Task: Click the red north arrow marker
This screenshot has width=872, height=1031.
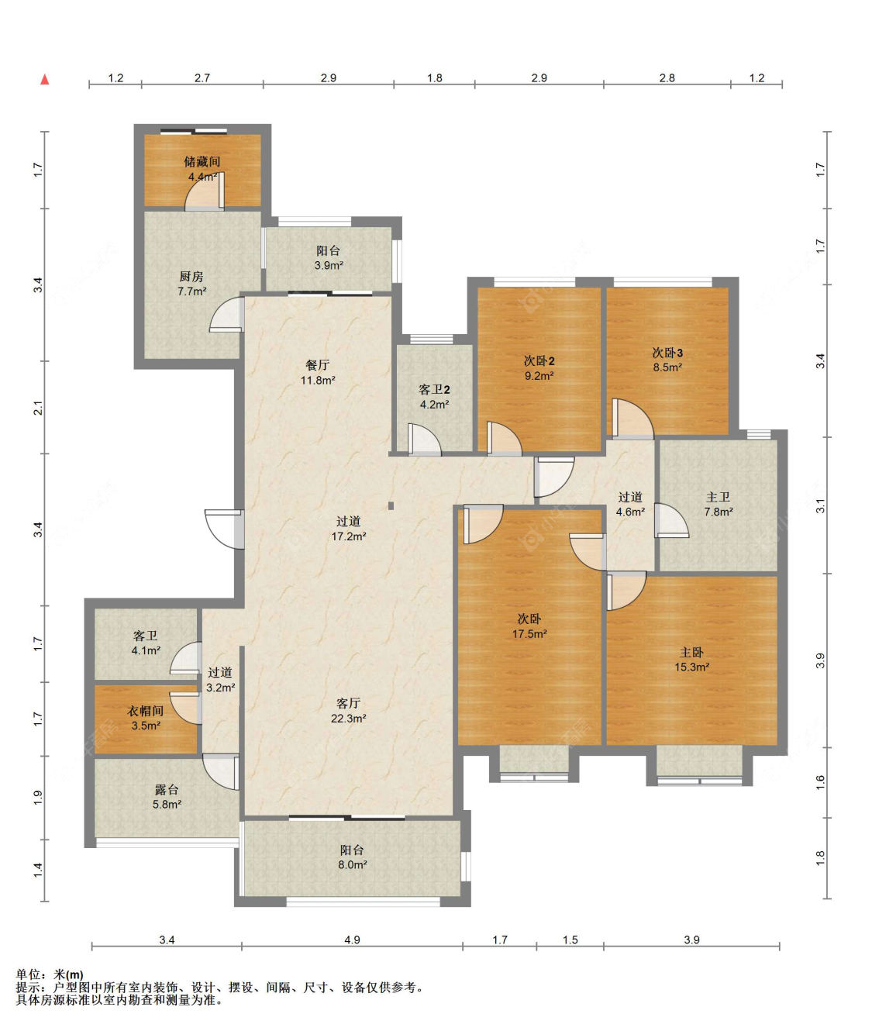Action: tap(45, 79)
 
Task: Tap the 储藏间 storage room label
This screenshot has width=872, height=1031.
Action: tap(202, 161)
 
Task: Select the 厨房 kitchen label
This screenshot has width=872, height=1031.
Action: tap(191, 276)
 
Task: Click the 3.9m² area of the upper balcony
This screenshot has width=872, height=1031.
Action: tap(329, 265)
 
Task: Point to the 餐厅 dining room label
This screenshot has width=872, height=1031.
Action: tap(317, 365)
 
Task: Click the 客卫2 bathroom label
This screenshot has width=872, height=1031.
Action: tap(434, 390)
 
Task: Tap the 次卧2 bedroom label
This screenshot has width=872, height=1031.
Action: tap(539, 360)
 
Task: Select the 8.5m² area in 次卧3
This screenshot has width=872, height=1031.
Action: tap(667, 367)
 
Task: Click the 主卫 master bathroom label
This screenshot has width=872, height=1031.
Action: tap(719, 497)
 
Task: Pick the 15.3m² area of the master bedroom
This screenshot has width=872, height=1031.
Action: tap(692, 667)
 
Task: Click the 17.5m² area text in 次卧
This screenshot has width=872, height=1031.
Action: tap(529, 634)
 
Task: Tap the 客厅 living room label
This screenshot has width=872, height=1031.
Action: tap(348, 703)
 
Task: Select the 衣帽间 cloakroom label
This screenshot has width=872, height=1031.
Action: tap(145, 711)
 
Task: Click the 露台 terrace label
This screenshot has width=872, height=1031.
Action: tap(167, 790)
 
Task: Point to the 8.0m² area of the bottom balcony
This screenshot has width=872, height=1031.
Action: tap(353, 864)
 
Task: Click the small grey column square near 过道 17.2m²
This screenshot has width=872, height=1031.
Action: tap(391, 505)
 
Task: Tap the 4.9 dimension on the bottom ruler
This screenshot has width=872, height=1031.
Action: tap(352, 940)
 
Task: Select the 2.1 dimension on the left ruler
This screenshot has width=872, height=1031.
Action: tap(39, 408)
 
